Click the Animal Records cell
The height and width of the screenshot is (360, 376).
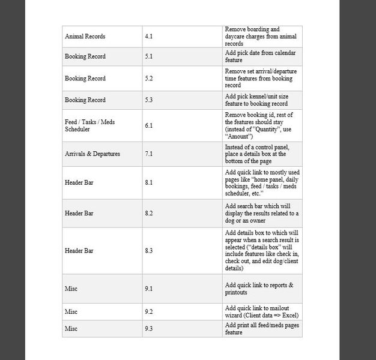[x=85, y=37]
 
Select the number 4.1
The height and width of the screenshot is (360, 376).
[x=149, y=37]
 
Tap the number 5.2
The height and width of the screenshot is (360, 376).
[x=149, y=79]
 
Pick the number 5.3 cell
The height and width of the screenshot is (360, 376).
[x=149, y=100]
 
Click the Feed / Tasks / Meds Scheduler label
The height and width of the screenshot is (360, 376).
[x=89, y=125]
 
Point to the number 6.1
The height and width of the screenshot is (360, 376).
[x=149, y=125]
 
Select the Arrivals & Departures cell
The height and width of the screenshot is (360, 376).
[x=92, y=154]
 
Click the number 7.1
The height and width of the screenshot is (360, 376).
[x=149, y=154]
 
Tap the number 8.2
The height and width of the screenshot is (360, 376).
[x=149, y=213]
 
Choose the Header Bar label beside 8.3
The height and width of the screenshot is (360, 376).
[x=79, y=250]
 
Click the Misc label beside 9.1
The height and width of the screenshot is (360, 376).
[x=71, y=289]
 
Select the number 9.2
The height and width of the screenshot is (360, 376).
[x=149, y=312]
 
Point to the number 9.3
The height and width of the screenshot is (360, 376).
[x=149, y=329]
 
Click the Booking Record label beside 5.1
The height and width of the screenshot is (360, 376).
[x=85, y=56]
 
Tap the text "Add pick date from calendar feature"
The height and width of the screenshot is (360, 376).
[x=260, y=56]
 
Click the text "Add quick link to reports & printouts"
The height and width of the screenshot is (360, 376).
[x=259, y=289]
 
